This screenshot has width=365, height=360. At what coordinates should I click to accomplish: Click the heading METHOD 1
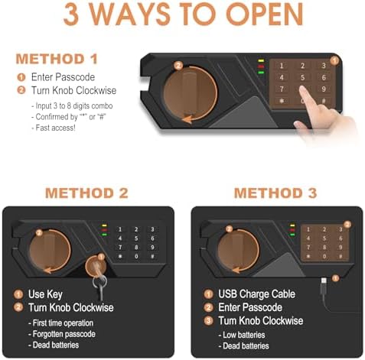pos(57,59)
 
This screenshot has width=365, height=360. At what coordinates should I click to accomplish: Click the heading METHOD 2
pos(86,193)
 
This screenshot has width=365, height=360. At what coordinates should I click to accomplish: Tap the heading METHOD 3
pos(275,193)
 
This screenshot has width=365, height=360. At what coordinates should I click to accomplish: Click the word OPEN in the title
pos(265,14)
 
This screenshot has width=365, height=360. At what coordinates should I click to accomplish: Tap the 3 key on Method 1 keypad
pos(324,66)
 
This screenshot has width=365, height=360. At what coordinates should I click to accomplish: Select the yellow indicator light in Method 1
pos(261,61)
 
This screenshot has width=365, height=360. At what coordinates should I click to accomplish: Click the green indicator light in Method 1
pos(261,73)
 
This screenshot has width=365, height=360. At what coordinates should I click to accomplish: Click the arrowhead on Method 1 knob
pos(187,119)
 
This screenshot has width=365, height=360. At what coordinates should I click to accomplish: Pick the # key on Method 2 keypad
pos(152,256)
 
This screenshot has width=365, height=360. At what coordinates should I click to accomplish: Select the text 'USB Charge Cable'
pos(256,294)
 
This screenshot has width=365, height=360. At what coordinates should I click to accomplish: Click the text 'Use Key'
pos(45,294)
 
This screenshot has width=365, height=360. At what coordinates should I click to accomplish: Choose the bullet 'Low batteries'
pos(242,335)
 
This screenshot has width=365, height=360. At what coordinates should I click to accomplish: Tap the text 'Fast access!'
pos(54,128)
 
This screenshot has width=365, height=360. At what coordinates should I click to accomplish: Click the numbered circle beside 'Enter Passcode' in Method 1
pos(21,77)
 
